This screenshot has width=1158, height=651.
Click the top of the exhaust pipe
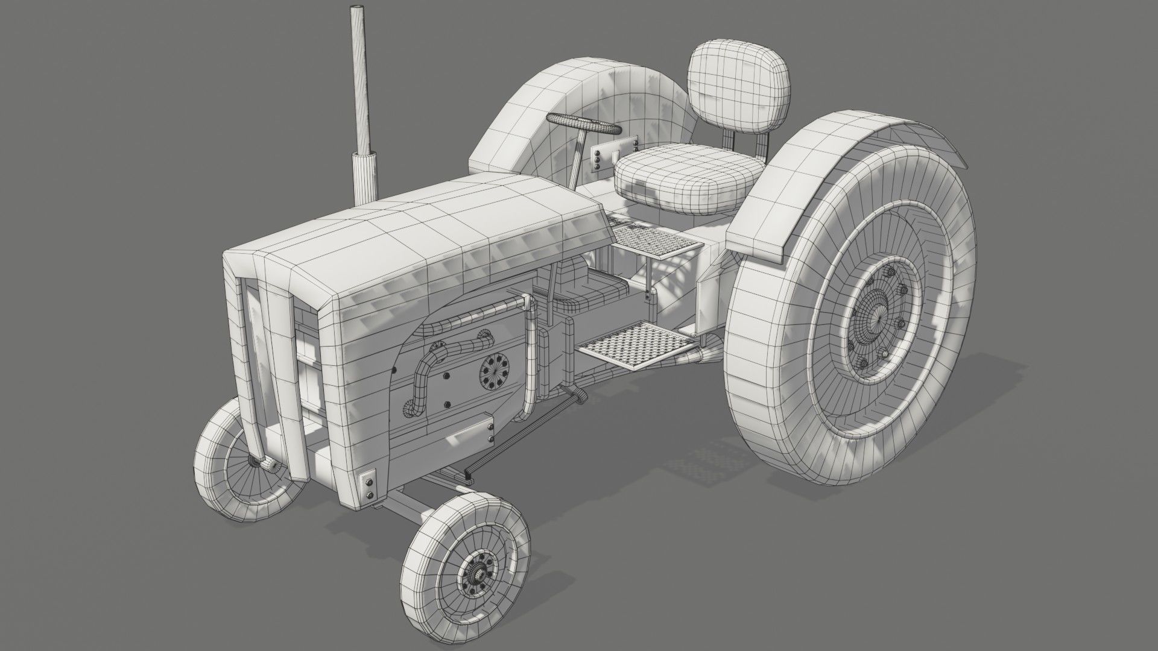(358, 10)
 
